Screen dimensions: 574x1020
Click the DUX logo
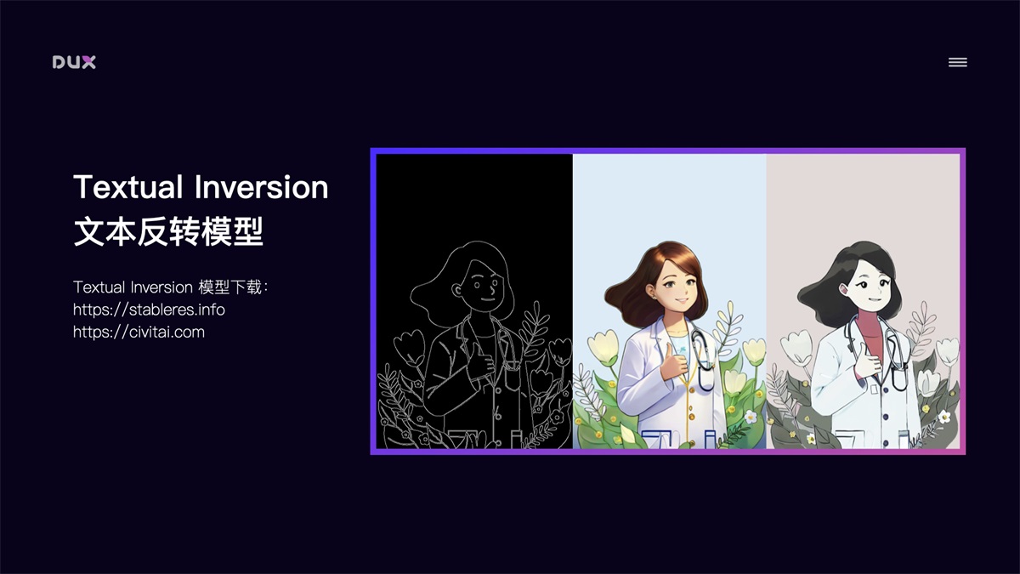74,62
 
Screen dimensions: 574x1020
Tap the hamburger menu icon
957,62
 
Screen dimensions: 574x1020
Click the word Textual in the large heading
127,187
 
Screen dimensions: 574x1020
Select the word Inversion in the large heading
262,187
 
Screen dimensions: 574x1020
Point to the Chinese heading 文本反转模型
168,231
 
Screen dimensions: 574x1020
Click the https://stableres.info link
149,310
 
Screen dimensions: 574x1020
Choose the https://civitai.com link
139,332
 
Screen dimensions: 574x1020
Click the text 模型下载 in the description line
231,287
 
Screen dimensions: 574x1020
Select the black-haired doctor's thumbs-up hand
868,363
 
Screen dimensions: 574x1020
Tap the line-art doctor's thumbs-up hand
482,364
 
